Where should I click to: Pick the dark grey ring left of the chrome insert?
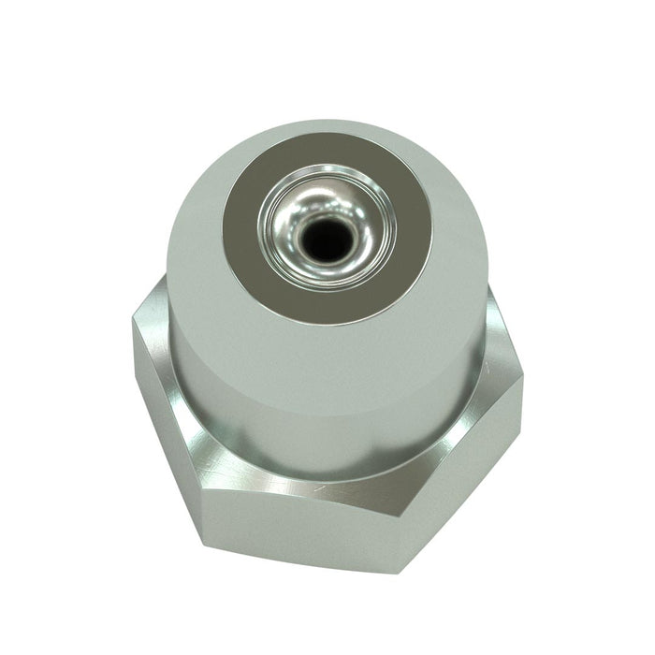246,229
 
